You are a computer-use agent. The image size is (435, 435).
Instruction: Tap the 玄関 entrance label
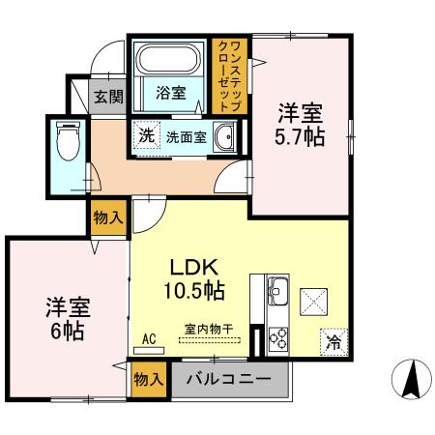point(107,96)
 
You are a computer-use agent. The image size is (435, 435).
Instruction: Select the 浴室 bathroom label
point(172,94)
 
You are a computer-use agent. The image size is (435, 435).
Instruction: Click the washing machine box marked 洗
point(146,136)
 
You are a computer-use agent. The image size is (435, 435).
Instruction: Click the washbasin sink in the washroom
point(225,137)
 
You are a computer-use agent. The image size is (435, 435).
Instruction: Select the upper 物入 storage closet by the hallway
point(108,218)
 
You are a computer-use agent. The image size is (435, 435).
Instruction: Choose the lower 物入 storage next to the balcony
point(147,379)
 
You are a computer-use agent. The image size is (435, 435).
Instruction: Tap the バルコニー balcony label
point(228,378)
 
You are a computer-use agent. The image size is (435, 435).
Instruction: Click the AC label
point(149,338)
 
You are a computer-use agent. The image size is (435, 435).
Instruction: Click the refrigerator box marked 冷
point(332,340)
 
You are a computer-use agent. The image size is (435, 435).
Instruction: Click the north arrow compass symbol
point(409,379)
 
